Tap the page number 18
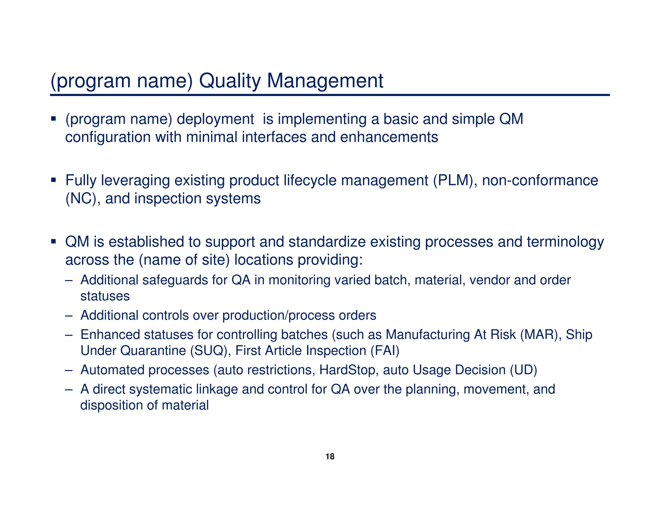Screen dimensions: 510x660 [x=330, y=456]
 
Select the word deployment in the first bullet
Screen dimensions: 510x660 [x=215, y=119]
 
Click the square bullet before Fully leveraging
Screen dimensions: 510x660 [x=53, y=180]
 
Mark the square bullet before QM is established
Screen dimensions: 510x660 [x=53, y=241]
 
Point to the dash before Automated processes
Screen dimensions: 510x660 [x=69, y=370]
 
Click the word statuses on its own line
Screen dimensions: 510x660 [x=105, y=296]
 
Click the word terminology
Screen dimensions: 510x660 [x=565, y=242]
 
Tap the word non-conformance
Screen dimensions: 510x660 [x=540, y=180]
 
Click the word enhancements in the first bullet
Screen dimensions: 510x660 [x=389, y=137]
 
